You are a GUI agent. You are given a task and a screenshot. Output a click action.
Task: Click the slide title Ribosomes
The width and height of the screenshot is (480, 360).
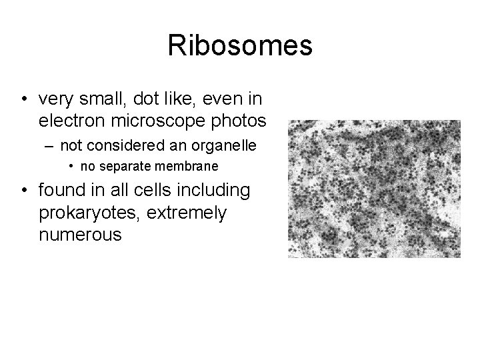[239, 45]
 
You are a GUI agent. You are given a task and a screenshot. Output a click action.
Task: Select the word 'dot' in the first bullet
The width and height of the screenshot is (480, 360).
[145, 100]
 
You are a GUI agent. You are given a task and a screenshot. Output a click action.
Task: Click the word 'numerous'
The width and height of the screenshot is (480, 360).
[81, 235]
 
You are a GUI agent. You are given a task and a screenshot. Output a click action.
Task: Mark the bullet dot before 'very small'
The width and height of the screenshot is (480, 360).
[23, 101]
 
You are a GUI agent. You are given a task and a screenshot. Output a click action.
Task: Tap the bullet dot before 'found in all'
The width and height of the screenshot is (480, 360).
[23, 191]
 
